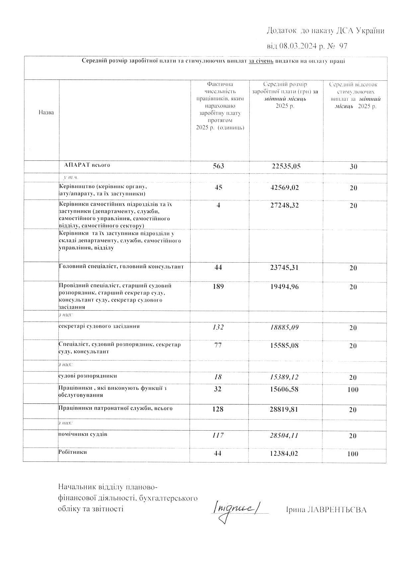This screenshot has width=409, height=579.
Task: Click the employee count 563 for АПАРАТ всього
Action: tap(218, 166)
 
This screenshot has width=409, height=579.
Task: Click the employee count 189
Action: tap(218, 286)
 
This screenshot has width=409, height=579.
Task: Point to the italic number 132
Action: tap(218, 327)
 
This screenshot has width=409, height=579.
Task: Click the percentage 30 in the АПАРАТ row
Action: tap(353, 167)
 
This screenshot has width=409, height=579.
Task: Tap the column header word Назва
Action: tap(46, 112)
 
